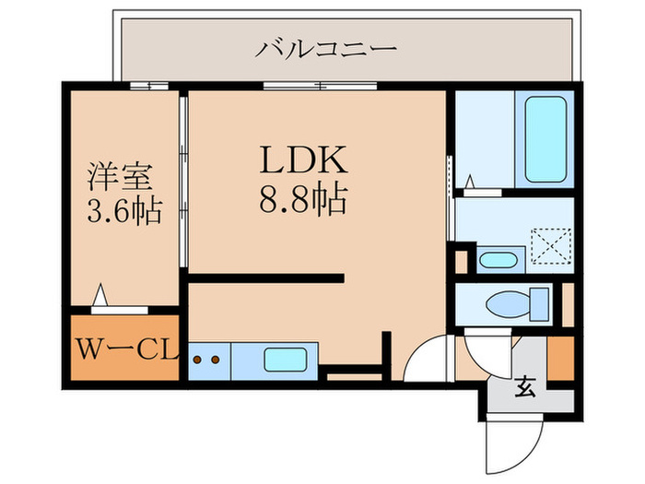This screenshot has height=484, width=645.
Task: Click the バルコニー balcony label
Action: (325, 49)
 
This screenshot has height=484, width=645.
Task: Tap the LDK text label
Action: (303, 159)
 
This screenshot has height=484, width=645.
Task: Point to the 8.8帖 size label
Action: (303, 200)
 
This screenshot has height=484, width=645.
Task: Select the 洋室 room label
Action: (120, 177)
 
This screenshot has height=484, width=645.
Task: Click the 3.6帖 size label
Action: (124, 211)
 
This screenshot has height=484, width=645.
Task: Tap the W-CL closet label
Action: (128, 349)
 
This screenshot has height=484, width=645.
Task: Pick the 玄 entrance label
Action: (525, 387)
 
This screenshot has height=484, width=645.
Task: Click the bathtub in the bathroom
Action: (545, 139)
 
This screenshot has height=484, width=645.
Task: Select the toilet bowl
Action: (508, 304)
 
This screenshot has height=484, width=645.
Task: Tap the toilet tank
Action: (539, 304)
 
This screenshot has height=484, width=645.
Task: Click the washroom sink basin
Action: (498, 260)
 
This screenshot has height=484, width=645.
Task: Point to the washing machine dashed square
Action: (551, 246)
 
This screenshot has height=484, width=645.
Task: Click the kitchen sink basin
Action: (286, 360)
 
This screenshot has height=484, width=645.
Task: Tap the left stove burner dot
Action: (197, 360)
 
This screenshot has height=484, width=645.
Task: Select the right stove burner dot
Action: (215, 360)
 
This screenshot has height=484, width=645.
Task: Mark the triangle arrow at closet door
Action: (100, 295)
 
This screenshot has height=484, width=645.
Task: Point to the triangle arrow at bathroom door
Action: (470, 182)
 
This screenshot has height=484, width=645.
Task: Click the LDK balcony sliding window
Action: (320, 86)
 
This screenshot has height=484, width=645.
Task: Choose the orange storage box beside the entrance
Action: (560, 358)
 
